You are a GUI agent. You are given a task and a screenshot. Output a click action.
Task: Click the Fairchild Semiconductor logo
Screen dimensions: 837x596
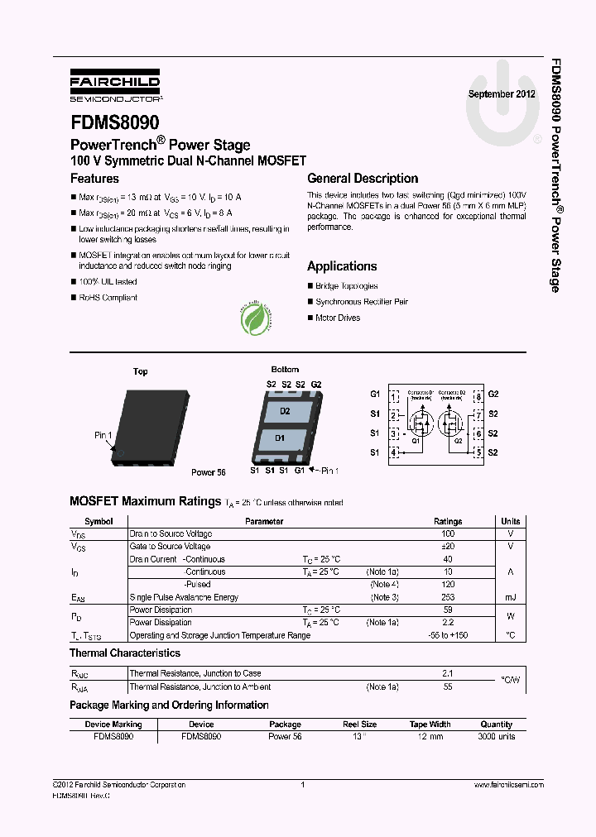click(115, 86)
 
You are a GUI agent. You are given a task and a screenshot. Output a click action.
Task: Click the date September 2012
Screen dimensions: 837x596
click(502, 93)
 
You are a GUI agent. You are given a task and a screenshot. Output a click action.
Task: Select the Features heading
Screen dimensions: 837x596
click(94, 179)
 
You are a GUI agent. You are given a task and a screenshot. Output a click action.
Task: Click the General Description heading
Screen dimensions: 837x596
click(363, 179)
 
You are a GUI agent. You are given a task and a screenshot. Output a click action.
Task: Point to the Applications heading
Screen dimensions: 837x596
click(342, 266)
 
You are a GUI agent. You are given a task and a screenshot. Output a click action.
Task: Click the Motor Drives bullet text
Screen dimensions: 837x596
click(338, 318)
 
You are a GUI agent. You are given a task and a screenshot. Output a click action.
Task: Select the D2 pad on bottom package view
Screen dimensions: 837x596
click(285, 411)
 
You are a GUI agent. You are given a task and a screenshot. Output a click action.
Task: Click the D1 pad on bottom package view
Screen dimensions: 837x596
click(280, 438)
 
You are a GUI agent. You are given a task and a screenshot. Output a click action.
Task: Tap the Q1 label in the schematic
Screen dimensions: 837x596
click(416, 441)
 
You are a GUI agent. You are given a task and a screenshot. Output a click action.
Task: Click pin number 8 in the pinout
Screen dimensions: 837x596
click(478, 396)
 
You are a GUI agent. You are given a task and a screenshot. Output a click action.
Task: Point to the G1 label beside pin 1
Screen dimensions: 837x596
click(375, 394)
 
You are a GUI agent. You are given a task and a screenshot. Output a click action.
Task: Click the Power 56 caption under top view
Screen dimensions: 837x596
click(209, 472)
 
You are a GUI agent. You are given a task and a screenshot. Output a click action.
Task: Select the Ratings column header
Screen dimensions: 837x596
click(448, 522)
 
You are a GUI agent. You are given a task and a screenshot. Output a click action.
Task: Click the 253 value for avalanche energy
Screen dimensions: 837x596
click(448, 597)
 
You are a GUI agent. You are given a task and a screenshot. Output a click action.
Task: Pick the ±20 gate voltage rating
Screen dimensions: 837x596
click(448, 547)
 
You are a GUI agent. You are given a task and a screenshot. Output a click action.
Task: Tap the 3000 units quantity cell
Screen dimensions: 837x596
click(497, 736)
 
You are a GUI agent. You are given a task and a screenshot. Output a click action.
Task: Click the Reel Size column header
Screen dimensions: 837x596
click(360, 725)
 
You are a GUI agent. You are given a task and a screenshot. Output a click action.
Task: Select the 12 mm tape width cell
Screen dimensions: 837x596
click(430, 736)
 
